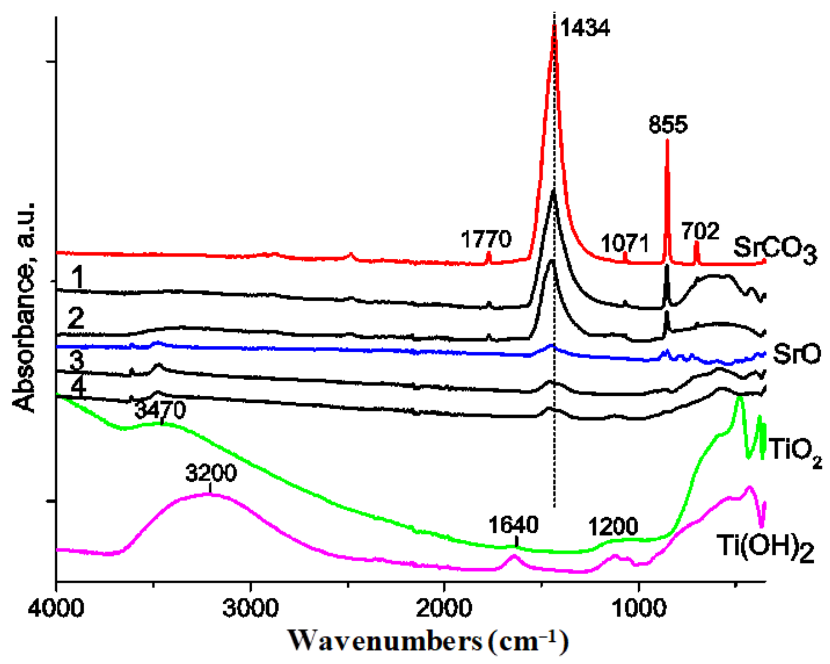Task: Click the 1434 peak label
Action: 585,28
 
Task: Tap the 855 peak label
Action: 668,125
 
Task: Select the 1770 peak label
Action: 486,240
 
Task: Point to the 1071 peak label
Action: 624,244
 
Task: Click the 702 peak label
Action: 700,231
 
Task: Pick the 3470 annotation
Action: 160,410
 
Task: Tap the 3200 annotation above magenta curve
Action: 211,473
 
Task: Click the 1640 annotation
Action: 513,526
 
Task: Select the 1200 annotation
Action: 613,527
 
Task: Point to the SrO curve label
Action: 796,354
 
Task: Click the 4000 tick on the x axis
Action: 56,609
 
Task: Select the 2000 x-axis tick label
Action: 444,609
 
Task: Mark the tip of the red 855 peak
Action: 667,140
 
